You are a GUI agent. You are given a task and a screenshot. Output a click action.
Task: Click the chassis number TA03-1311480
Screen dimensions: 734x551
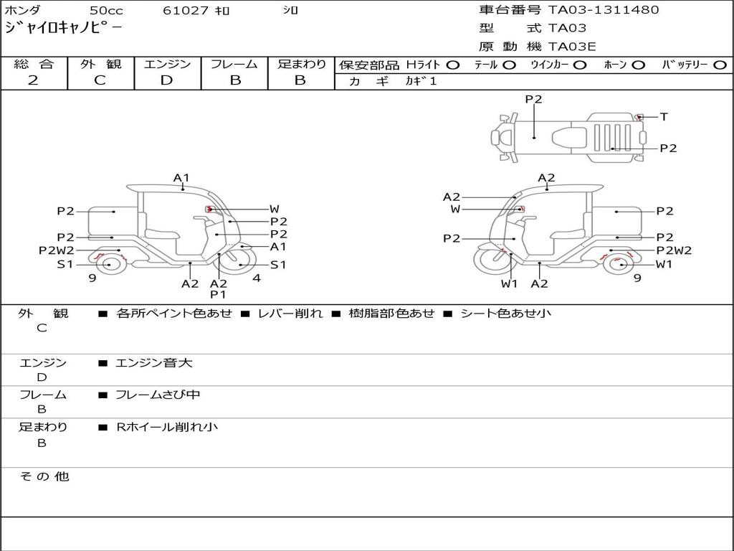tap(604, 10)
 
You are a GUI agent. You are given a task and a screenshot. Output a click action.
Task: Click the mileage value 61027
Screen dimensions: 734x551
tap(186, 11)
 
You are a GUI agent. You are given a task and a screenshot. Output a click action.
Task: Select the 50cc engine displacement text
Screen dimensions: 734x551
tap(105, 11)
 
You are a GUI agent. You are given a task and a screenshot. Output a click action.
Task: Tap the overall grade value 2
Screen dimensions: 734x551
tap(33, 80)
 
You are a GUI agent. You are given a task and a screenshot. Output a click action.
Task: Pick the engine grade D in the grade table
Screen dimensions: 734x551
tap(167, 80)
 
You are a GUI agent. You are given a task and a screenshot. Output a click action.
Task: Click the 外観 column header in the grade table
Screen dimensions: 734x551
tap(100, 65)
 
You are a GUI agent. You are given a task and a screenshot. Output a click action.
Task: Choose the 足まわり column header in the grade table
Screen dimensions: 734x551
tap(301, 65)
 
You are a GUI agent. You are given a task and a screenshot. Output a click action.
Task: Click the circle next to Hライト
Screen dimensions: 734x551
tap(452, 65)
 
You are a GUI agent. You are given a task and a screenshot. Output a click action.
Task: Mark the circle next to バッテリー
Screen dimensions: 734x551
tap(720, 65)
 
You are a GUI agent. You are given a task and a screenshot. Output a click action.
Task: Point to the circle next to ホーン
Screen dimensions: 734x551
tap(638, 65)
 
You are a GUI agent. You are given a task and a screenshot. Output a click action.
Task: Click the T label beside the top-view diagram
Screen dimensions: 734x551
tap(664, 117)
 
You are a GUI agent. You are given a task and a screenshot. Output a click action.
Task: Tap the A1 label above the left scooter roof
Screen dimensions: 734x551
tap(181, 177)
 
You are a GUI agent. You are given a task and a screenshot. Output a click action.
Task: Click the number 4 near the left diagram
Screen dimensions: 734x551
tap(256, 278)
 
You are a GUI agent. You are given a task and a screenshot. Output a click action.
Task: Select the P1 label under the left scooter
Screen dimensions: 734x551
tap(219, 294)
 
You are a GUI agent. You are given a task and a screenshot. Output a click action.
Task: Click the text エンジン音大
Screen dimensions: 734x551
tap(153, 363)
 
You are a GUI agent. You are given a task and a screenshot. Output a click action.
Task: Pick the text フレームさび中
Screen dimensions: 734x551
tap(158, 395)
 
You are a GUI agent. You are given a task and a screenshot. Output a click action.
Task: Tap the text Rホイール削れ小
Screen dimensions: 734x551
tap(167, 427)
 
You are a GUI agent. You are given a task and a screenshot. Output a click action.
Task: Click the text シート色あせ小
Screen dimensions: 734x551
tap(505, 314)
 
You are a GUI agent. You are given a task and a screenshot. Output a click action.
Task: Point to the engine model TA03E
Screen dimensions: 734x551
tap(572, 47)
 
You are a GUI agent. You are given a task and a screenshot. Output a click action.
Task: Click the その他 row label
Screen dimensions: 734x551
tap(44, 476)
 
